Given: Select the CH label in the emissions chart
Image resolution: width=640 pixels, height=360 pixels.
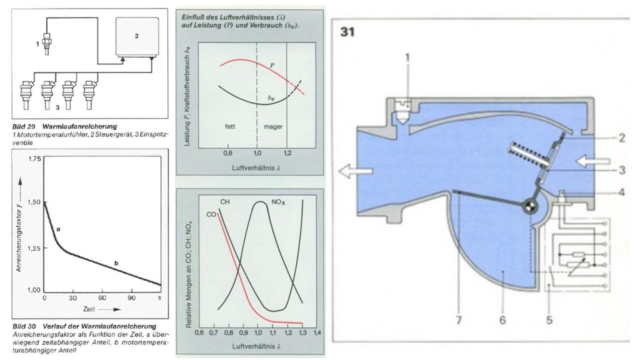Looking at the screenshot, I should coord(226,202).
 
